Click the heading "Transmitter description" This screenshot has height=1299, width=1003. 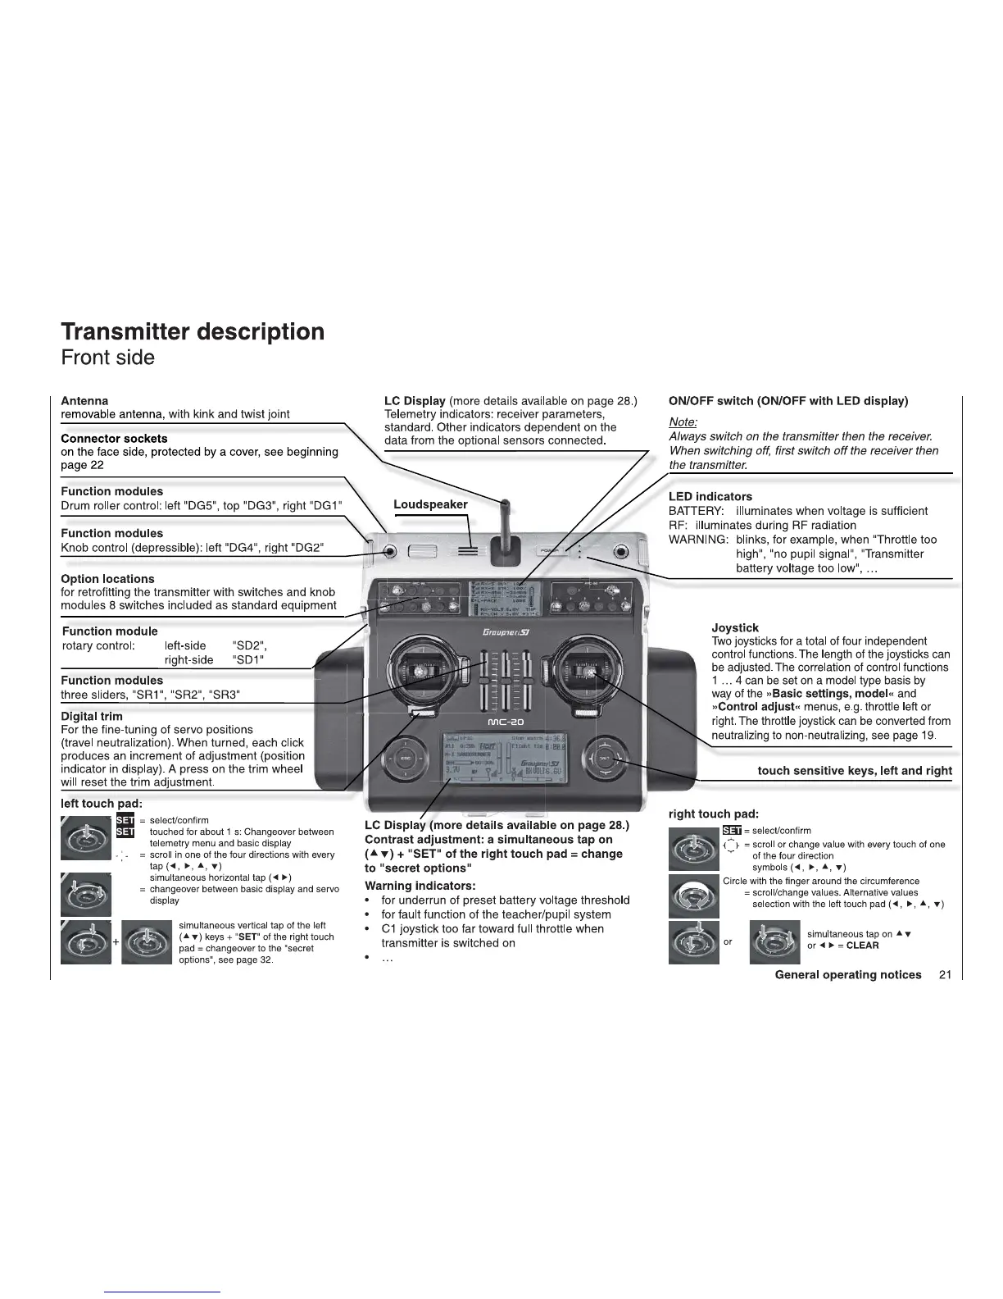(193, 331)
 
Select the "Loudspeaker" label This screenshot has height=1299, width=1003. (430, 504)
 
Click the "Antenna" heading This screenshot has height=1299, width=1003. (84, 400)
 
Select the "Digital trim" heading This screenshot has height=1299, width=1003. (92, 716)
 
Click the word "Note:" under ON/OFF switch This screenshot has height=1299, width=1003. (683, 422)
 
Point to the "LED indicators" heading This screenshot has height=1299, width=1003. (710, 496)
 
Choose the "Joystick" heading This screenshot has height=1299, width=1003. (735, 627)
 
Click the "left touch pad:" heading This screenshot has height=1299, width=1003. (102, 803)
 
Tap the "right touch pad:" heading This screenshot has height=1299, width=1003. (713, 814)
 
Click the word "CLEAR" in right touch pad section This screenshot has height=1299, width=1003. (862, 945)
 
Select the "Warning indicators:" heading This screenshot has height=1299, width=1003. (420, 886)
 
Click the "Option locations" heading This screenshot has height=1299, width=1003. (107, 578)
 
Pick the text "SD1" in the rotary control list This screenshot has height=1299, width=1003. (248, 659)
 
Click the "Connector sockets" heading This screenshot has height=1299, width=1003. (114, 438)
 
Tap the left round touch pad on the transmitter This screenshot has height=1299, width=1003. (406, 759)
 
